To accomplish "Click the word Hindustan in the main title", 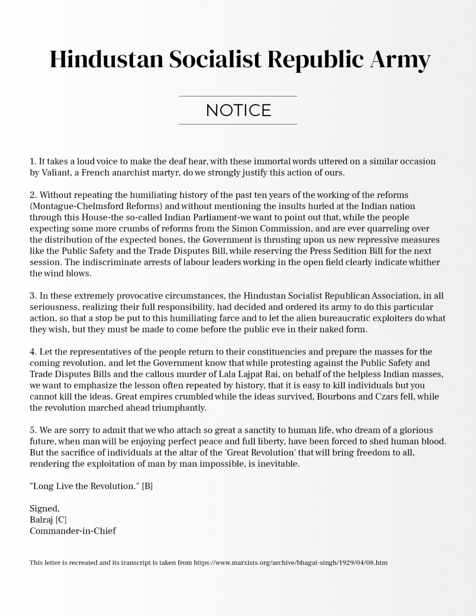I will coord(107,60).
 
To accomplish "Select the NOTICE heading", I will coord(238,110).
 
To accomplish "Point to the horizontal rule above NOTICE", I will coord(238,96).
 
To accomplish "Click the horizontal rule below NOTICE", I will coord(238,124).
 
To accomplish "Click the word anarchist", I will coord(130,172).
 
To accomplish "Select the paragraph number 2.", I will coord(33,195).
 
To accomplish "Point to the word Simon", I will coord(245,228).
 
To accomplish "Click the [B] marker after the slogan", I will coord(147,486).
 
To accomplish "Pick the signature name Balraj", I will coord(42,520).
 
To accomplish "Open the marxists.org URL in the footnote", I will coord(290,562).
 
